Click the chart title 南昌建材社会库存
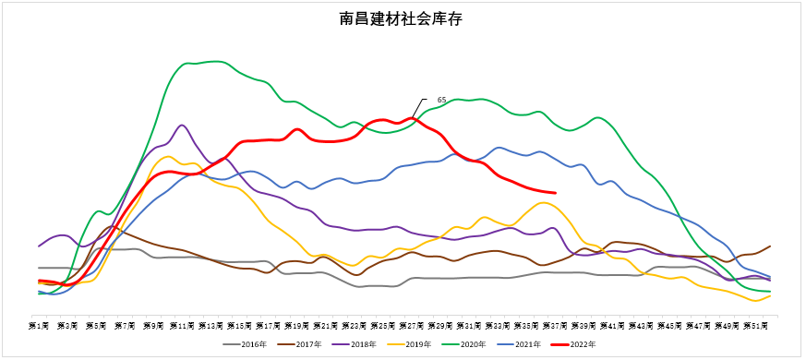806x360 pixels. point(402,19)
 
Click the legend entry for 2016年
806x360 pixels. point(247,344)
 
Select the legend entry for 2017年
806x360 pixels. point(301,344)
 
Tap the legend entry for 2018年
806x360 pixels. point(356,344)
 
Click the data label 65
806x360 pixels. point(441,100)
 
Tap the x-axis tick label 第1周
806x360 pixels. point(39,325)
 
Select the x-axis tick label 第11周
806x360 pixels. point(182,325)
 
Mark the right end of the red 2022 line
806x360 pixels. point(555,193)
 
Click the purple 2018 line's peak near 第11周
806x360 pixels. point(182,126)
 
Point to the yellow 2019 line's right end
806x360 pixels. point(770,295)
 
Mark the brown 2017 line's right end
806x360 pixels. point(770,246)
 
